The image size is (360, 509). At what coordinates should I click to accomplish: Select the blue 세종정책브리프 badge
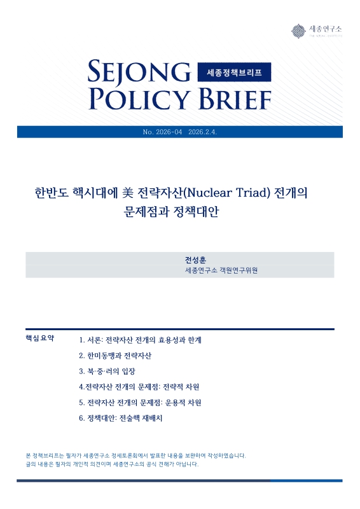tap(235, 74)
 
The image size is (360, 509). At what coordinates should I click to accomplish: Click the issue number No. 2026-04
tap(163, 132)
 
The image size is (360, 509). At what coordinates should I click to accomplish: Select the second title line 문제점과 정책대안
tap(179, 211)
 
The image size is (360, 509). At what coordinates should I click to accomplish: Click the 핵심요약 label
tap(39, 338)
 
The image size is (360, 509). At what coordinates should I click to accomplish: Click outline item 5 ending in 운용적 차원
tap(140, 403)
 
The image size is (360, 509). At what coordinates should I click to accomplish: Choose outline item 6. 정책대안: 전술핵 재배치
tap(121, 419)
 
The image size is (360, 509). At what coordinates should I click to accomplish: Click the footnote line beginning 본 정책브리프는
tap(135, 456)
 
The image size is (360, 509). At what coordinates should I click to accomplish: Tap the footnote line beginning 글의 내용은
tap(112, 464)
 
